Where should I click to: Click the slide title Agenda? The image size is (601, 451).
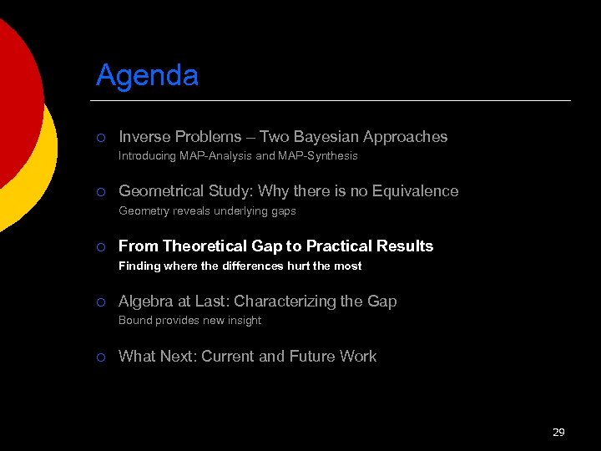point(147,76)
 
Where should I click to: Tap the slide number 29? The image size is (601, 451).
point(558,432)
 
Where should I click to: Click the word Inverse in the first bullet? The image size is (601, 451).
point(144,137)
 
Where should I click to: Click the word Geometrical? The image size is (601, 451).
point(163,191)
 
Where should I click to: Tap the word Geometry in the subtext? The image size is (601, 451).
point(143,211)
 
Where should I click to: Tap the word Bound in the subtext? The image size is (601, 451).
point(134,321)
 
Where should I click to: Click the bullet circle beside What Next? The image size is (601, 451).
point(99,357)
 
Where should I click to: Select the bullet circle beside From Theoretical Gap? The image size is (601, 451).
point(99,247)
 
